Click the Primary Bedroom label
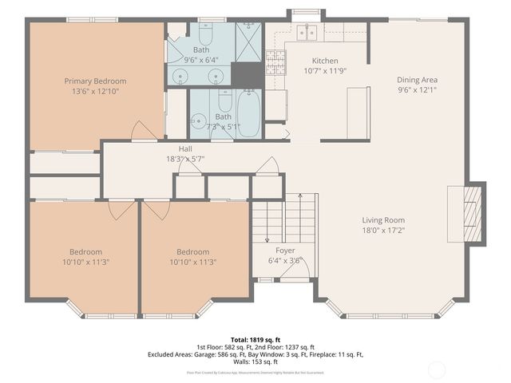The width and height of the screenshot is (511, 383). [95, 81]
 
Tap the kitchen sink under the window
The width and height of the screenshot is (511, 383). [307, 33]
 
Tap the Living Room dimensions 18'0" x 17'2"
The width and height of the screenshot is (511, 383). [383, 231]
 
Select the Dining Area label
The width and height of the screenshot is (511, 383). [417, 80]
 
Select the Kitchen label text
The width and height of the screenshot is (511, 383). [325, 61]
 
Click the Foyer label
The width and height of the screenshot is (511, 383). [285, 251]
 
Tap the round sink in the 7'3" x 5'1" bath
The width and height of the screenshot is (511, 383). [199, 121]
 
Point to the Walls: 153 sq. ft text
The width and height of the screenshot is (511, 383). [255, 361]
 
